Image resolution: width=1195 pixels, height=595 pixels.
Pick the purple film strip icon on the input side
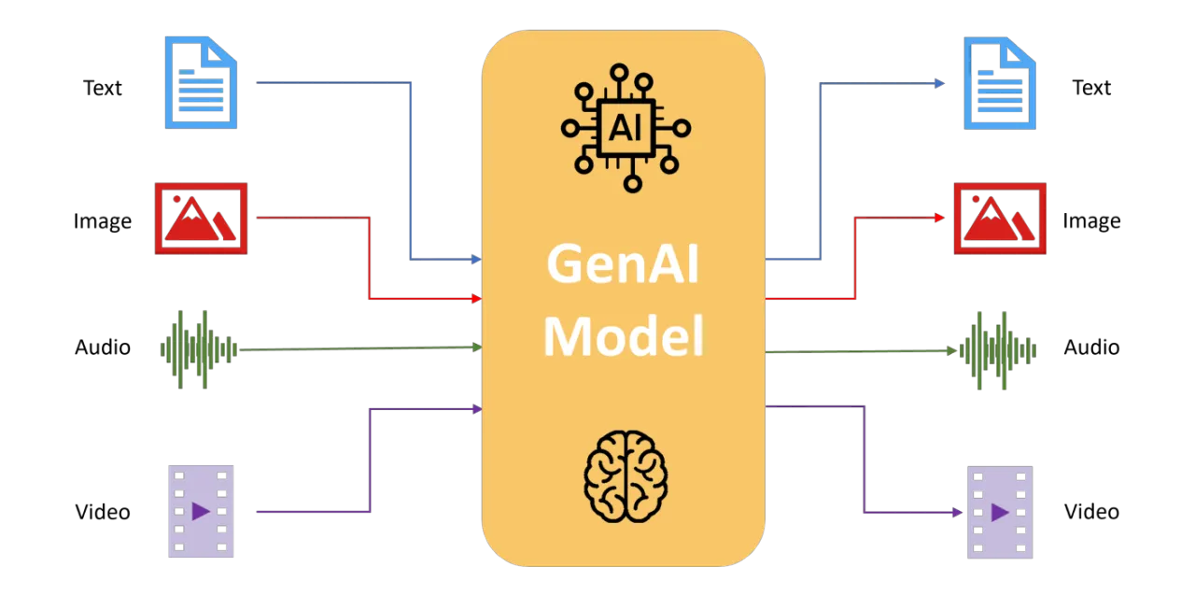201,511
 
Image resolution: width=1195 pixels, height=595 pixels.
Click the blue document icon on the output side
1000,84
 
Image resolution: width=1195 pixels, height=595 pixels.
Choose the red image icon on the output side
1000,219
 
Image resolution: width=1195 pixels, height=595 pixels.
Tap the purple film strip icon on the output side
998,512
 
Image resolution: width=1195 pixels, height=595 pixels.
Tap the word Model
623,336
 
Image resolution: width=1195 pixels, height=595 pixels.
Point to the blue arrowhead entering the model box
476,259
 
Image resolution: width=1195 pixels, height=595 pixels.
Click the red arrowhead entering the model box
476,299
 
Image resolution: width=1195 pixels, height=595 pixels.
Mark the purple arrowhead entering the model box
476,409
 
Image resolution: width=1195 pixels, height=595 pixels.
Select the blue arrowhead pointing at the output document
940,84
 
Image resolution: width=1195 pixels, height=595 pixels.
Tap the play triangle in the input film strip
200,511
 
